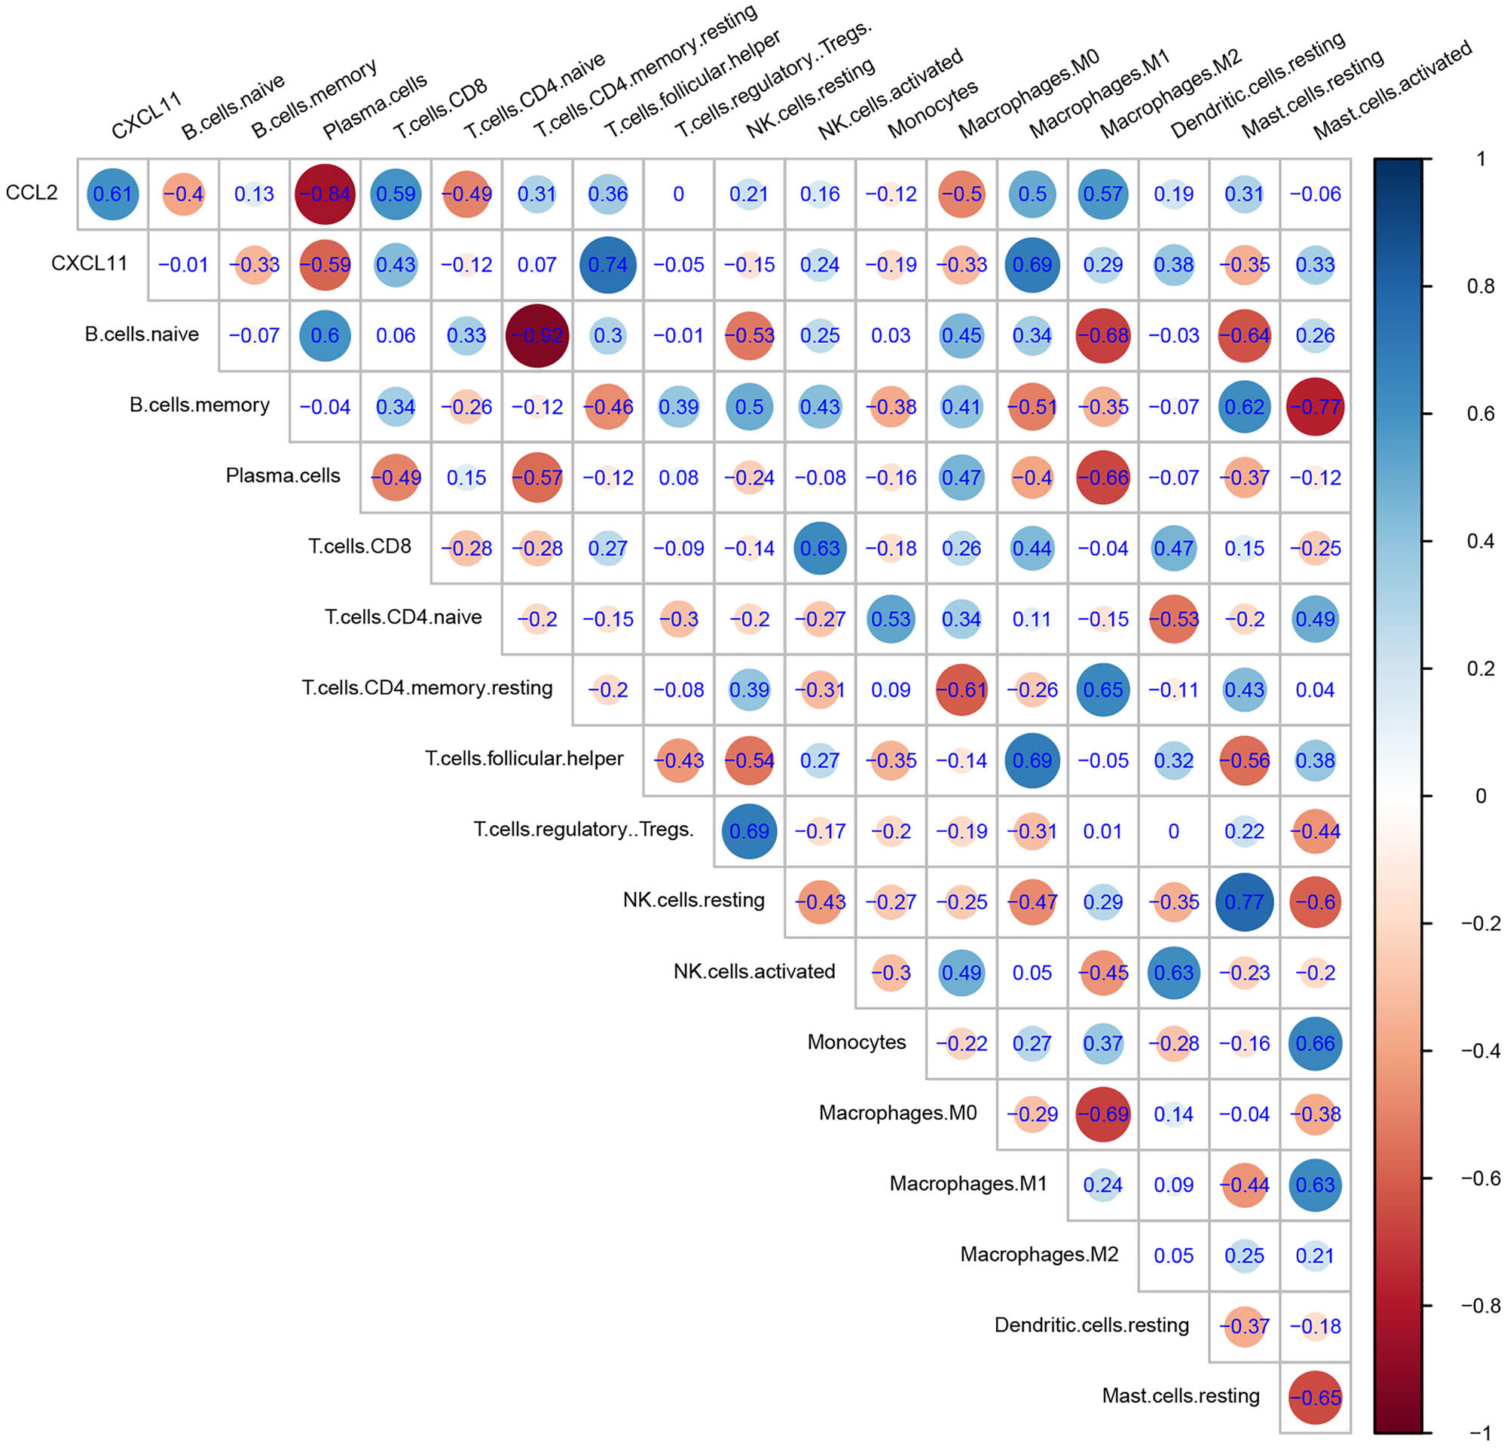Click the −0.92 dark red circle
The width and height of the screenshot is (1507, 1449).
(x=536, y=335)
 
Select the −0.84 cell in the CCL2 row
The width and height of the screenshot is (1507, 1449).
(x=325, y=194)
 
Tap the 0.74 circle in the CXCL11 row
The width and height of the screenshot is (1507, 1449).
(x=607, y=264)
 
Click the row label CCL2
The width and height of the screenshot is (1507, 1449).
(x=32, y=192)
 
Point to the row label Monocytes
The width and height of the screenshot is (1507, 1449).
(x=856, y=1041)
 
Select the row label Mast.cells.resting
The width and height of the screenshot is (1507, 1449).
(x=1180, y=1396)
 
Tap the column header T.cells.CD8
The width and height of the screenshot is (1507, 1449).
(x=440, y=109)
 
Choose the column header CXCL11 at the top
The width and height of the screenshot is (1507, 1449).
(x=146, y=115)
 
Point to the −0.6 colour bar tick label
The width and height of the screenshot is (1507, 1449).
(x=1480, y=1178)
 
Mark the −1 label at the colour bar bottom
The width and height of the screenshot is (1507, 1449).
(x=1480, y=1432)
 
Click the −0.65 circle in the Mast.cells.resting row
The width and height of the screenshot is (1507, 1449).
(x=1315, y=1397)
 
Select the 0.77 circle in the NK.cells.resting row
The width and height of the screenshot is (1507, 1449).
(x=1244, y=902)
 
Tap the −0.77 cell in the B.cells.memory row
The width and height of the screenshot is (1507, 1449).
(x=1315, y=406)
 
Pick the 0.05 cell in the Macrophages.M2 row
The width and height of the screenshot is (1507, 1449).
(x=1173, y=1255)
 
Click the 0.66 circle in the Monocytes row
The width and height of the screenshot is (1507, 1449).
(x=1315, y=1043)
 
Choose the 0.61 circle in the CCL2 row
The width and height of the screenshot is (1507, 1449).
(x=112, y=194)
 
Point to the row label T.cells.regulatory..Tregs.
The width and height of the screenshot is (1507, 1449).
(x=582, y=829)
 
